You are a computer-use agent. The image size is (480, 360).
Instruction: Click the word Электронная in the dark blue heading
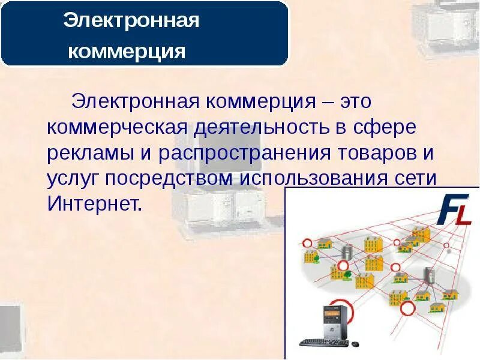coord(131,22)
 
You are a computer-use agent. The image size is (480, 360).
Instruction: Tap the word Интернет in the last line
coord(94,205)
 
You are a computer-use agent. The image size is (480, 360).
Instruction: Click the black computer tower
coord(331,321)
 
